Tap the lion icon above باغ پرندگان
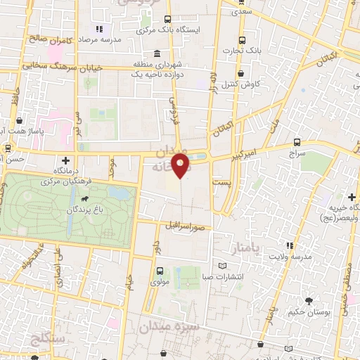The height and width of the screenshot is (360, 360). tap(84, 208)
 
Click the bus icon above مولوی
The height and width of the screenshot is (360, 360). tap(160, 271)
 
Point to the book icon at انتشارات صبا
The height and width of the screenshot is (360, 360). tap(223, 266)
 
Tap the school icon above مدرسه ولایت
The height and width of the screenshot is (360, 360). tap(288, 245)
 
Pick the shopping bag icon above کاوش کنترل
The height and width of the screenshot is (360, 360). tap(240, 73)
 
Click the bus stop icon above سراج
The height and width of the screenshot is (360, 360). tap(297, 141)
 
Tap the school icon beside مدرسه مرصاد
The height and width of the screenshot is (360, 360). tap(98, 30)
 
